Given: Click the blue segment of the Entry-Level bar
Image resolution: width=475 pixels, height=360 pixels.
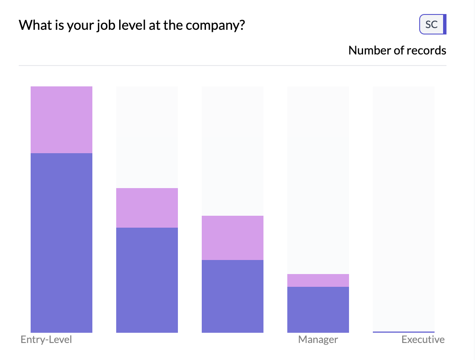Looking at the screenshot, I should pyautogui.click(x=61, y=243).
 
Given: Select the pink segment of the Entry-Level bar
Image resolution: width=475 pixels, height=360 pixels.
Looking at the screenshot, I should pyautogui.click(x=61, y=120).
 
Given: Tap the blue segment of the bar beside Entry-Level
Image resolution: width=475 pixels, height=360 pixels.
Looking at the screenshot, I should pyautogui.click(x=147, y=280).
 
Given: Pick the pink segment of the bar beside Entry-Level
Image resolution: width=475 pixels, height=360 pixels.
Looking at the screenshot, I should pyautogui.click(x=147, y=208).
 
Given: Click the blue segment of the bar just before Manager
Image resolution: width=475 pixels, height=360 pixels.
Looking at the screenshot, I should pyautogui.click(x=232, y=296).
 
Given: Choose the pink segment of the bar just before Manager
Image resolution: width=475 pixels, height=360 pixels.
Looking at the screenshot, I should pyautogui.click(x=232, y=237).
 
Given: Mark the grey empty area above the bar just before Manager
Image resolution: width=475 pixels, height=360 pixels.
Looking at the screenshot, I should pyautogui.click(x=232, y=151).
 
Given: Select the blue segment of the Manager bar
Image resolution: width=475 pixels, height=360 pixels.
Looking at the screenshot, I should pyautogui.click(x=318, y=309).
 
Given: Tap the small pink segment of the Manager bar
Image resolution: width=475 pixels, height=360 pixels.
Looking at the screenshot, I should pyautogui.click(x=318, y=280).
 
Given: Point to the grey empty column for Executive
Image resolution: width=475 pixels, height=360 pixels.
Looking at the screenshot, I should pyautogui.click(x=403, y=209).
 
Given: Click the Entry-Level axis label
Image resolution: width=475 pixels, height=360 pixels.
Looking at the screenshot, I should pyautogui.click(x=46, y=340).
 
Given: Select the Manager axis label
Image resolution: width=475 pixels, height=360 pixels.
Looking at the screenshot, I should pyautogui.click(x=318, y=340).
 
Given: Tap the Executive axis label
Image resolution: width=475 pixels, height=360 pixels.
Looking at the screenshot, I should pyautogui.click(x=423, y=340).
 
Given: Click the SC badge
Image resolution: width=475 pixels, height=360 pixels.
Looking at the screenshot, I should pyautogui.click(x=432, y=24).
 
